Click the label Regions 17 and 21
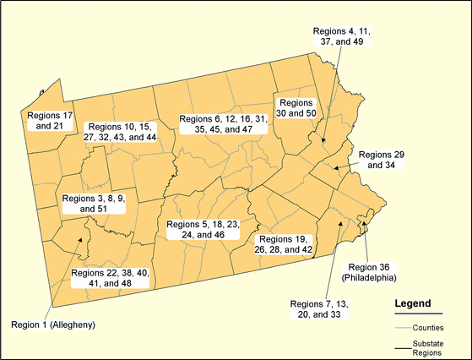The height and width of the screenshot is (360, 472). pyautogui.click(x=52, y=119)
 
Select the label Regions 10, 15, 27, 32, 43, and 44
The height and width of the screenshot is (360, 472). pyautogui.click(x=122, y=131)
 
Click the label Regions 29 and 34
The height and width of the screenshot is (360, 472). pyautogui.click(x=381, y=161)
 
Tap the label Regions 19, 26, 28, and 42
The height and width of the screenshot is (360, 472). pyautogui.click(x=285, y=245)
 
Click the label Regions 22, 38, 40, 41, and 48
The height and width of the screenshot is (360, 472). pyautogui.click(x=110, y=278)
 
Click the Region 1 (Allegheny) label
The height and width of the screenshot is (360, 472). pyautogui.click(x=52, y=325)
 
